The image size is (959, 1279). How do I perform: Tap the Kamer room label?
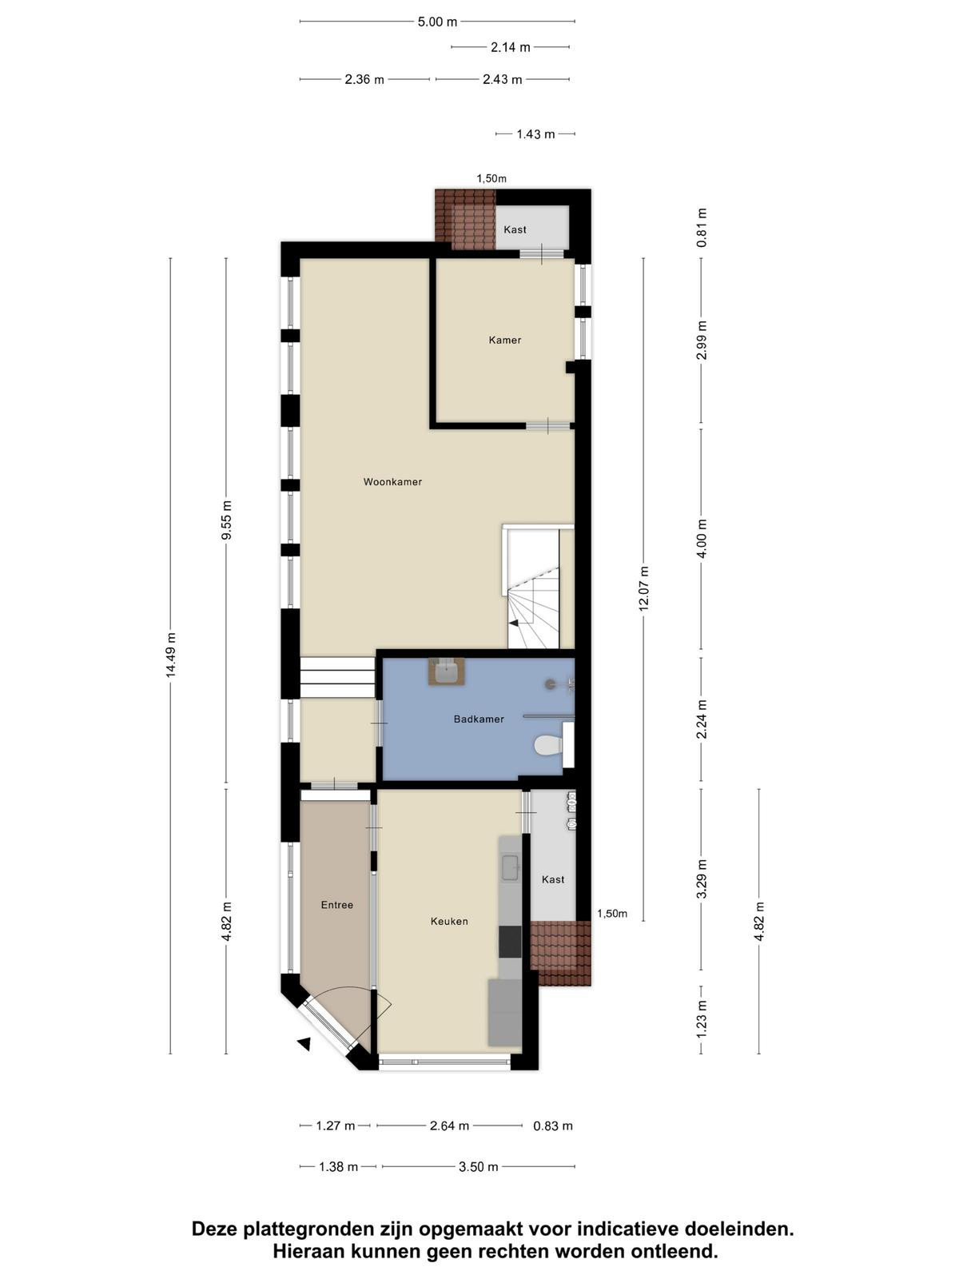505,341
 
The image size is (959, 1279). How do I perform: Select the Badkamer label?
479,719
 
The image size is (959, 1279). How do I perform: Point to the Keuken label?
449,921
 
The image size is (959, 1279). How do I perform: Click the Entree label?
337,905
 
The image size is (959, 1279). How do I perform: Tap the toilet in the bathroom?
548,744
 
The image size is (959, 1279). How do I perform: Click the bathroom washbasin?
447,671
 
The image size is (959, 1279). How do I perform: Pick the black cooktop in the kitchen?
510,942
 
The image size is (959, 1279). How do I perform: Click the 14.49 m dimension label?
170,655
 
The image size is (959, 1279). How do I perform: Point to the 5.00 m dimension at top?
437,22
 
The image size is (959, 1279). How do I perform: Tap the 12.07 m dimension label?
643,588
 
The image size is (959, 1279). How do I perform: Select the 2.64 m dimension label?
449,1126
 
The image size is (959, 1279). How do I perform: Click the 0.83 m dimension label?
553,1126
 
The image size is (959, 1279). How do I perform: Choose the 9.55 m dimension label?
226,520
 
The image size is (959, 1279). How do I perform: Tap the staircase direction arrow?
514,623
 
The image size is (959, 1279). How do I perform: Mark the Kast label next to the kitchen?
552,879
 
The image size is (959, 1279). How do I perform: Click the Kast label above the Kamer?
515,229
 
